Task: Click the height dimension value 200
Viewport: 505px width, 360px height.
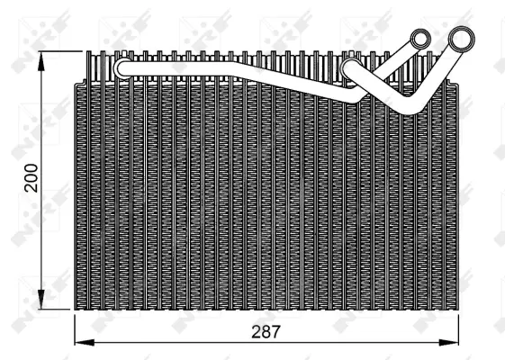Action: (x=31, y=177)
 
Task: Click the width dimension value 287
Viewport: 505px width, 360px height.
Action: (x=266, y=331)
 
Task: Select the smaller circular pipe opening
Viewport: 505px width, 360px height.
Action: (x=420, y=39)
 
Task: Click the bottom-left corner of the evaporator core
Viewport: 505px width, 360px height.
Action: (x=74, y=309)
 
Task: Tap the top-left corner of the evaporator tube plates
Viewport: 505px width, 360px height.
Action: (x=87, y=53)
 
